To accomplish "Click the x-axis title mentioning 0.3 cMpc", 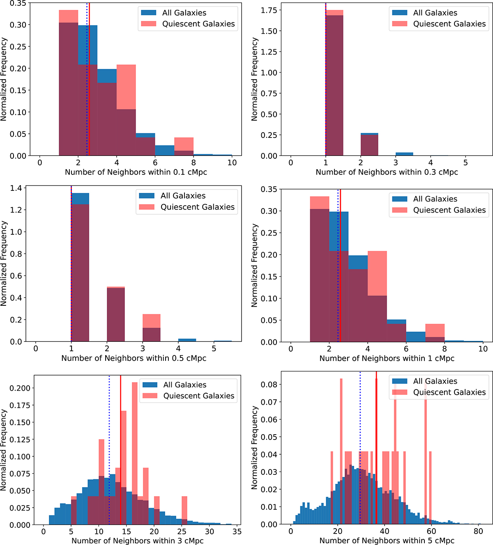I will [x=387, y=172].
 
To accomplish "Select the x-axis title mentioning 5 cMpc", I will [x=387, y=541].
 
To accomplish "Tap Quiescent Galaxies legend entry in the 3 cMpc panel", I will [x=199, y=396].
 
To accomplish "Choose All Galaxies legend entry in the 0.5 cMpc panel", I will [x=183, y=196].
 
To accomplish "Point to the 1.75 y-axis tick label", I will [x=269, y=10].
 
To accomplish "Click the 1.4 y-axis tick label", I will [x=16, y=188].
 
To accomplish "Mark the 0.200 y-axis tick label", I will [x=20, y=388].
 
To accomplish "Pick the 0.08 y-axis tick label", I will [x=269, y=385].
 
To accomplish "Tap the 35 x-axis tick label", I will [x=237, y=531].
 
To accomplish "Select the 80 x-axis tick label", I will [x=478, y=531].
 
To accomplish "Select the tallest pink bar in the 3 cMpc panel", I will [x=134, y=451].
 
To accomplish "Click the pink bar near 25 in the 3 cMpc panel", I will [x=184, y=509].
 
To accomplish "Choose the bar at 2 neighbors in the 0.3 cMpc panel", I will [x=369, y=145].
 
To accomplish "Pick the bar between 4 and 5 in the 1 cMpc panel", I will [x=377, y=295].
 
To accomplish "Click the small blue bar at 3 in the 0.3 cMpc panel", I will [x=404, y=154].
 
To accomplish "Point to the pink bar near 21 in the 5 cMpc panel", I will [x=341, y=451].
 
